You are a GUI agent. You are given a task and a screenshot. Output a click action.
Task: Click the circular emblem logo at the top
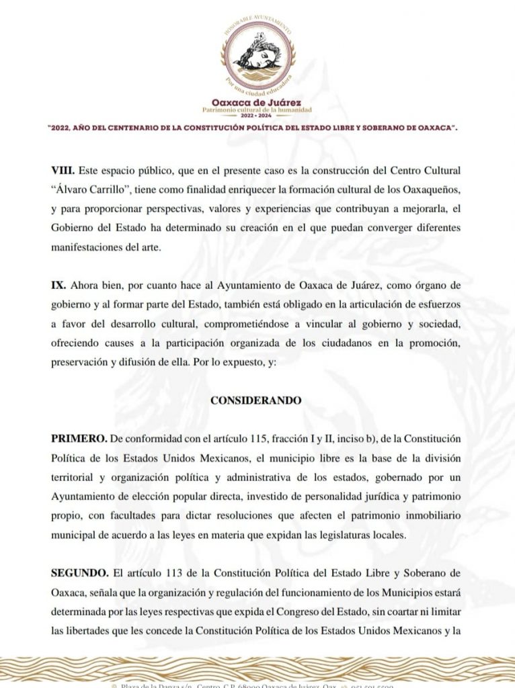click(257, 56)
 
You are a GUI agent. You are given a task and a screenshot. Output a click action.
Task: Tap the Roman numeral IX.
click(58, 285)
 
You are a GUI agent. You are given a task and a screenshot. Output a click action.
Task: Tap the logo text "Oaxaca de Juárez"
click(257, 103)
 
